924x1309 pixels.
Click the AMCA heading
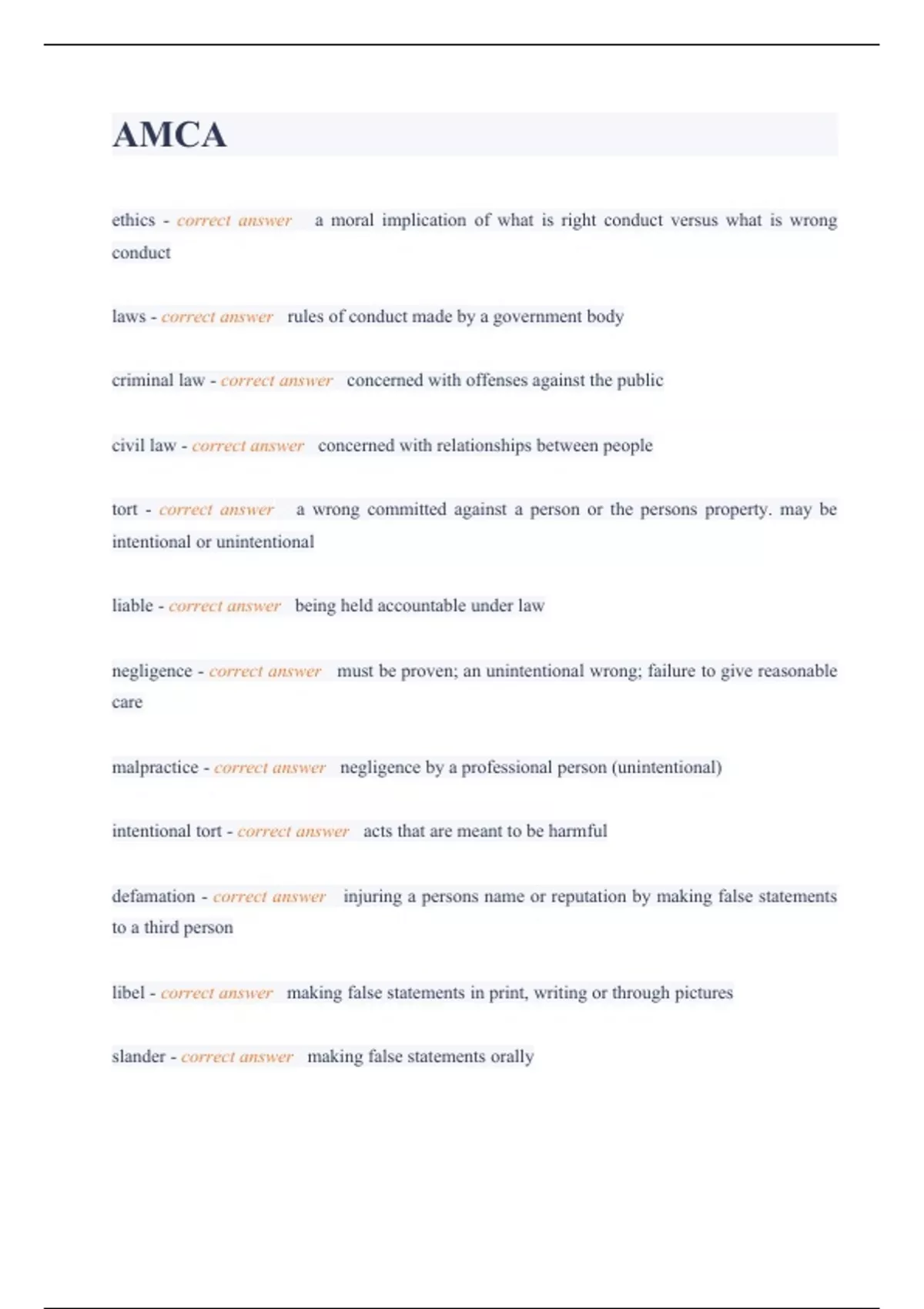(x=169, y=136)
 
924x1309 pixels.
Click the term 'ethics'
(x=133, y=220)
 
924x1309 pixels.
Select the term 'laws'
(x=129, y=316)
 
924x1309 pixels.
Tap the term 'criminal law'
(x=158, y=380)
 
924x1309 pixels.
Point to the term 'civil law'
(x=144, y=446)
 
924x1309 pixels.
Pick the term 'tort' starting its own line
(x=125, y=510)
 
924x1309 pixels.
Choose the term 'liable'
(x=132, y=606)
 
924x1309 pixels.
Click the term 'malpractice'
(x=155, y=768)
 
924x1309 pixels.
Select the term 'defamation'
(x=153, y=896)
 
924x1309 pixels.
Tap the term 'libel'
(x=128, y=993)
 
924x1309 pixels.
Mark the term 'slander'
(x=139, y=1056)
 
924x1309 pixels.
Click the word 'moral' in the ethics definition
(x=352, y=220)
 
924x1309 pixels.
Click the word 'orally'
(x=512, y=1056)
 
